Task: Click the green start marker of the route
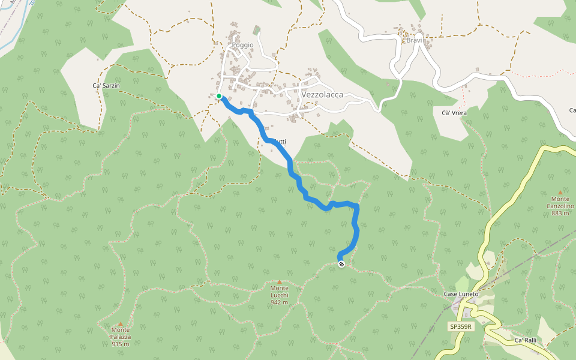(x=219, y=96)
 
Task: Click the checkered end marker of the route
(x=341, y=264)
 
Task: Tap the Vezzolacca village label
(x=322, y=95)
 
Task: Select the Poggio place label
(x=243, y=45)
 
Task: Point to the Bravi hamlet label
(x=415, y=40)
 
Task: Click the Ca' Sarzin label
(x=106, y=86)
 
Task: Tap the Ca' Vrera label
(x=454, y=113)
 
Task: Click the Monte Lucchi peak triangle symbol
(x=279, y=281)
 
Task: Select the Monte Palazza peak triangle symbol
(x=120, y=323)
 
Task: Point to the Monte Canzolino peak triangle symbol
(x=560, y=192)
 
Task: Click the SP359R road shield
(x=461, y=326)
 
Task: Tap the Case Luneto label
(x=461, y=294)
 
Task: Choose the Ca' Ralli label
(x=525, y=340)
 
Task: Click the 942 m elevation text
(x=279, y=302)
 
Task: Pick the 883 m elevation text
(x=560, y=213)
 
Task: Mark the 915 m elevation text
(x=120, y=344)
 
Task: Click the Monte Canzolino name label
(x=560, y=202)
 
